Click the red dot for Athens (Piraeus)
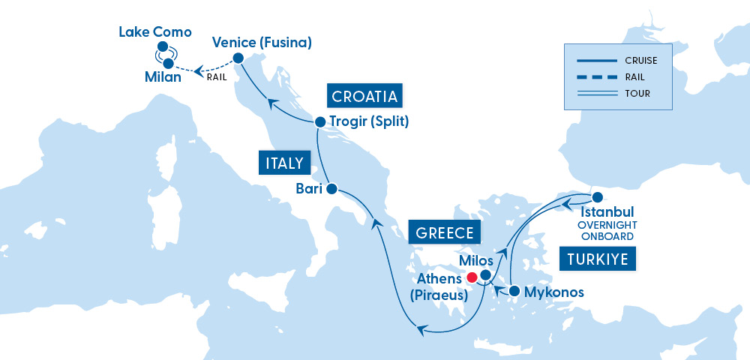pyautogui.click(x=472, y=277)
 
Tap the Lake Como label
pyautogui.click(x=156, y=32)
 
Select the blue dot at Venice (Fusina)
pyautogui.click(x=238, y=58)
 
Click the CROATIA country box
pyautogui.click(x=364, y=96)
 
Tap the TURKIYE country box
pyautogui.click(x=598, y=259)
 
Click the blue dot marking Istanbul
pyautogui.click(x=598, y=197)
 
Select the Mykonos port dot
pyautogui.click(x=514, y=291)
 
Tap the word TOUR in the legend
pyautogui.click(x=636, y=94)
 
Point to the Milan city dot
pyautogui.click(x=168, y=64)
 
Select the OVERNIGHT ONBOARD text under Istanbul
pyautogui.click(x=607, y=230)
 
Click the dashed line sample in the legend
pyautogui.click(x=595, y=76)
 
